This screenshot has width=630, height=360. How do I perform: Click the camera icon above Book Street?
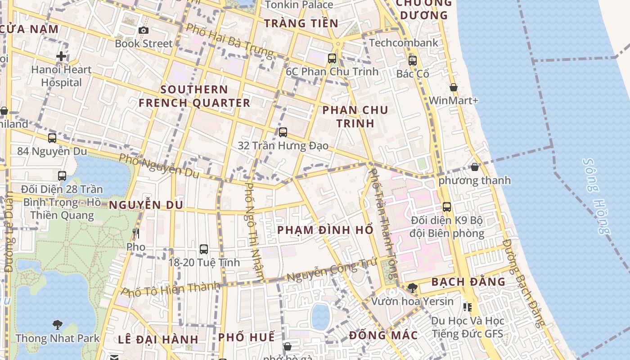pyautogui.click(x=144, y=30)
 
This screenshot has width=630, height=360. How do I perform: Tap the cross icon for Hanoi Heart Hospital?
pyautogui.click(x=61, y=56)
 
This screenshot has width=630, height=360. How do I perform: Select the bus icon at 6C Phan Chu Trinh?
pyautogui.click(x=332, y=58)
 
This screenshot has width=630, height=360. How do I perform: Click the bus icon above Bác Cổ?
pyautogui.click(x=413, y=60)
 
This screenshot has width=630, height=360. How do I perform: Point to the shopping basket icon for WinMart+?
pyautogui.click(x=454, y=87)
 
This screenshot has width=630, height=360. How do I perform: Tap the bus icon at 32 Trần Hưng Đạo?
pyautogui.click(x=283, y=132)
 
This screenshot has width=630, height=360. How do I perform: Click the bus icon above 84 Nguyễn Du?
pyautogui.click(x=52, y=138)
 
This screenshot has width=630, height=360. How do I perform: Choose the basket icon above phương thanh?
pyautogui.click(x=475, y=167)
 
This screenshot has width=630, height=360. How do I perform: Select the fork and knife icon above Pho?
pyautogui.click(x=136, y=233)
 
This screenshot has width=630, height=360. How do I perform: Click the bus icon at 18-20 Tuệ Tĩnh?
pyautogui.click(x=204, y=249)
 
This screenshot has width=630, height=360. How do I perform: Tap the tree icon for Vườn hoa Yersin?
pyautogui.click(x=412, y=288)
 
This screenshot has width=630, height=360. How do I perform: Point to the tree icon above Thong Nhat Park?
pyautogui.click(x=57, y=324)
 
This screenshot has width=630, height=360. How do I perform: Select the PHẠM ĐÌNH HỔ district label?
pyautogui.click(x=325, y=230)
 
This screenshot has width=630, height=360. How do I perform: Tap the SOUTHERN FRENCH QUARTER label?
pyautogui.click(x=194, y=96)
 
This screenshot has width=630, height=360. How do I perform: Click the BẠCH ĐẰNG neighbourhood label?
pyautogui.click(x=468, y=282)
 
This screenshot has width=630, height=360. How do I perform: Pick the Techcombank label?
pyautogui.click(x=403, y=43)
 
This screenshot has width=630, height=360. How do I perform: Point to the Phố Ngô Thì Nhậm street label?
pyautogui.click(x=254, y=232)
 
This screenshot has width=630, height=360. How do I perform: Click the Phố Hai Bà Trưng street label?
pyautogui.click(x=229, y=40)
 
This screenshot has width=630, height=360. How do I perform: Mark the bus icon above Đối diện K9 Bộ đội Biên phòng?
pyautogui.click(x=447, y=207)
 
